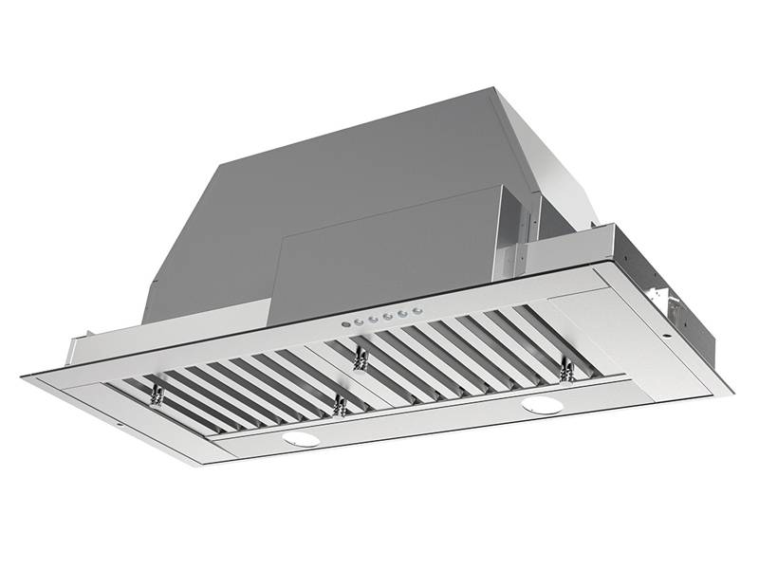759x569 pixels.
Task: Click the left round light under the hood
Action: [x=301, y=440]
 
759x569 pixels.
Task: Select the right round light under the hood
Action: [x=543, y=406]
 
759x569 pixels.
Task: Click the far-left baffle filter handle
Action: [x=157, y=392]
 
